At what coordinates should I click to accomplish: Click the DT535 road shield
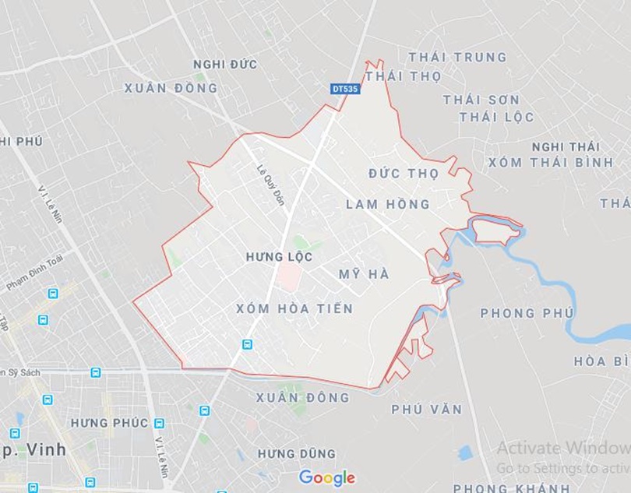coord(345,89)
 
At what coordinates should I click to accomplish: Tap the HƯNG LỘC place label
coord(279,256)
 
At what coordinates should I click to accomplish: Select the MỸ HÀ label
coord(364,274)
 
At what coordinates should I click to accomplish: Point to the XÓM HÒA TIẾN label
coord(294,309)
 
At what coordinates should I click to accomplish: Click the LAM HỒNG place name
coord(387,204)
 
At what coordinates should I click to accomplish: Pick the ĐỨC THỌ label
coord(404,173)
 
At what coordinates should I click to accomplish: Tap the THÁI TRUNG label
coord(457,57)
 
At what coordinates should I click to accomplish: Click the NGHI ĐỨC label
coord(225,64)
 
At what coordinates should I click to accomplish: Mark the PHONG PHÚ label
coord(519,313)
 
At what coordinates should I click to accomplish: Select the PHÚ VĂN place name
coord(426,409)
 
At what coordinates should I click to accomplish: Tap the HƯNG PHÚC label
coord(109,423)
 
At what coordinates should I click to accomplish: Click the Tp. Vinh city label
coord(34,449)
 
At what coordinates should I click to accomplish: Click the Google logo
coord(327,477)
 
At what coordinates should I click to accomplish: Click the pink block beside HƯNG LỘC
coord(289,276)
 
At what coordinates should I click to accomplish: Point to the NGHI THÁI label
coord(566,146)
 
